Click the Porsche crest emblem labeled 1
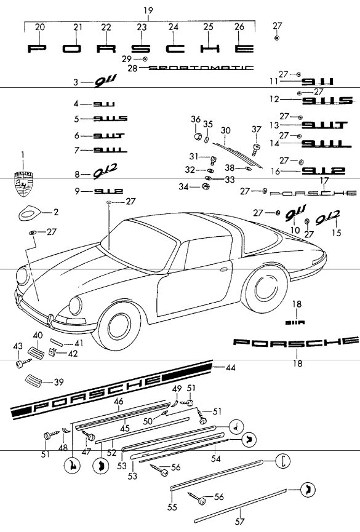point(23,183)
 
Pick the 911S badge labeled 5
point(111,119)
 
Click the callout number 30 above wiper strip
point(226,130)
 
